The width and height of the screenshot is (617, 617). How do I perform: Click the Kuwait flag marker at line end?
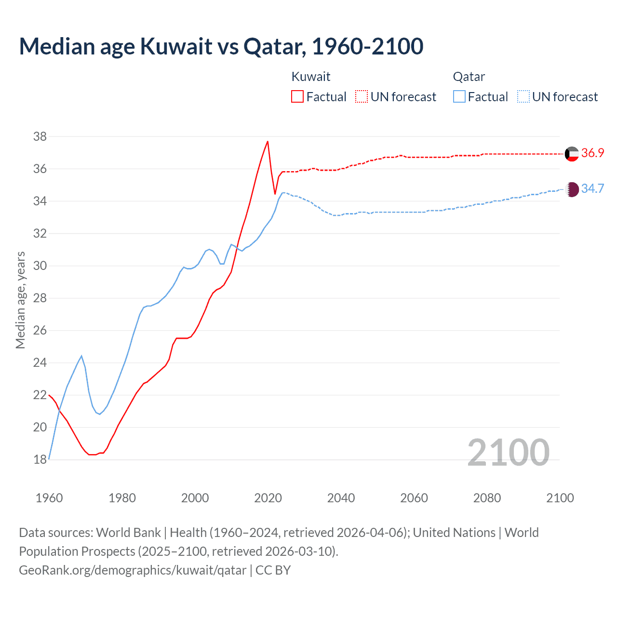click(572, 154)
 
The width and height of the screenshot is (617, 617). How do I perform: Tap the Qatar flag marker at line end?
click(572, 189)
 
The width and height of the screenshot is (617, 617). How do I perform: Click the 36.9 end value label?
click(592, 153)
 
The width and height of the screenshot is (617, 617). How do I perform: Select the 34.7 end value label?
click(592, 188)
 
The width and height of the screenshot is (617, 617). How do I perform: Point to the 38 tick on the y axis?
click(40, 136)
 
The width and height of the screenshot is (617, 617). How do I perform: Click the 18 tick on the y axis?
click(40, 459)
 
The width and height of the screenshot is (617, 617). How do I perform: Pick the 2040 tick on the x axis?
click(341, 498)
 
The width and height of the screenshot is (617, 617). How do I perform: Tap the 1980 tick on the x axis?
click(122, 498)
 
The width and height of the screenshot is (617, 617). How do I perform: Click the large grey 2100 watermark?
click(508, 452)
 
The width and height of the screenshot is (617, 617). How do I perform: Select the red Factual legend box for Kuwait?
click(297, 96)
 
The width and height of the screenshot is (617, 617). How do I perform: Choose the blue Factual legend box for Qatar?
click(459, 96)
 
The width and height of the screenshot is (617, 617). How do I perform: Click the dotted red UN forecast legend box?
click(362, 96)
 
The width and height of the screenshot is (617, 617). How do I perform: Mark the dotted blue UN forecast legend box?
click(523, 96)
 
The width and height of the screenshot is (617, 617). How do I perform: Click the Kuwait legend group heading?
click(311, 77)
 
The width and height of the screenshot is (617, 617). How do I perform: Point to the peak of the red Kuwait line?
click(268, 141)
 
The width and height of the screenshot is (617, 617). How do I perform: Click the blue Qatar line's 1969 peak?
click(81, 356)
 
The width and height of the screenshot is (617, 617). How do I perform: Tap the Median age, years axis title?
click(20, 300)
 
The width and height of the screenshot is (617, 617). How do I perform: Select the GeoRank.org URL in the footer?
click(133, 570)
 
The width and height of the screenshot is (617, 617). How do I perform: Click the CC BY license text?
click(273, 570)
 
